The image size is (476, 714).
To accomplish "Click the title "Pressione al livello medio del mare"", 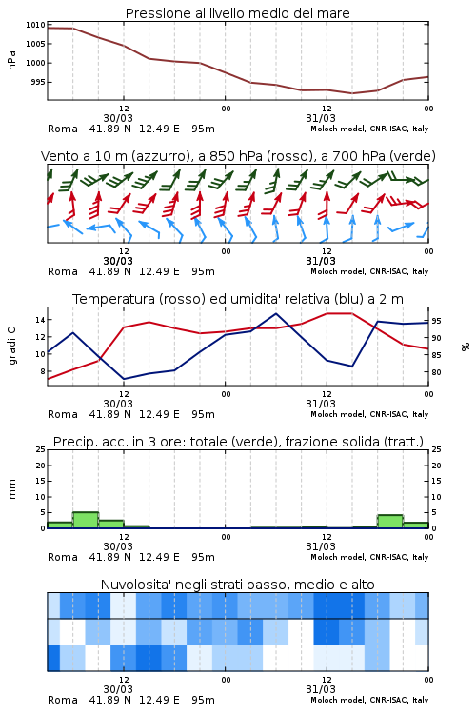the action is point(237,13).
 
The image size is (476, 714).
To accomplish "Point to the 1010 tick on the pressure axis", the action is point(35,25).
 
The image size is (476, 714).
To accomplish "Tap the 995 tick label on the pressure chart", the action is point(37,82).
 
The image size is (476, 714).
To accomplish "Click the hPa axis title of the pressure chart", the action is point(11,60).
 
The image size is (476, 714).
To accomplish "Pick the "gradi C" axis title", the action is point(11,346).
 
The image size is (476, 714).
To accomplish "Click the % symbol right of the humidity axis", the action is point(466,347).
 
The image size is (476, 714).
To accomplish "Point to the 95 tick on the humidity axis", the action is point(436,321).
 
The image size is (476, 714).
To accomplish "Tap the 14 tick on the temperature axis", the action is point(40,320).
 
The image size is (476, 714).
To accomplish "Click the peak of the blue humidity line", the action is point(276,313).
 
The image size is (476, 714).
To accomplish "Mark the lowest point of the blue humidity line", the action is point(124,379).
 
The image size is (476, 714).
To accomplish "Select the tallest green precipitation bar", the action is point(86,520).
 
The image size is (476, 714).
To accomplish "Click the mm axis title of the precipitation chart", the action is point(11,488).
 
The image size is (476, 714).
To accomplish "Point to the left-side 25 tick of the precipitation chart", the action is point(40,449).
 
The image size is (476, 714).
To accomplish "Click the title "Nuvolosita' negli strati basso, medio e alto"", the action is point(237,585).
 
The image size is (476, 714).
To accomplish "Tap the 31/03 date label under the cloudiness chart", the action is point(321,689).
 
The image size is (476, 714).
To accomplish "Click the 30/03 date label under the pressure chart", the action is point(118,118).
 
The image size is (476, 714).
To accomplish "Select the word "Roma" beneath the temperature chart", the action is point(63,414).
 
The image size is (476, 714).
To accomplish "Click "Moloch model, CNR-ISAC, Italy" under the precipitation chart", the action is point(369,557).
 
